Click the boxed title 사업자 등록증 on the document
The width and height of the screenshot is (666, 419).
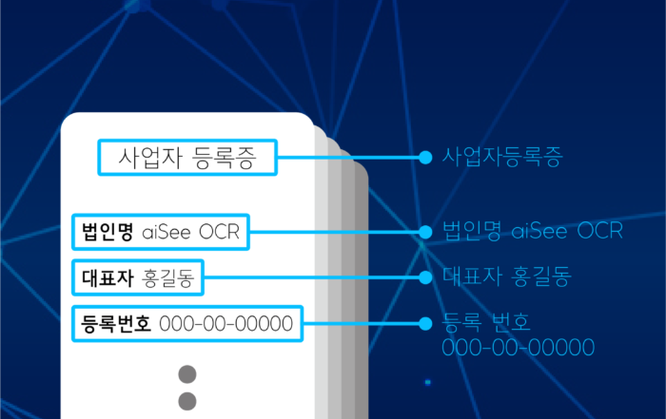tap(187, 158)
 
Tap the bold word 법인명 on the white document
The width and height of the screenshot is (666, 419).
tap(108, 232)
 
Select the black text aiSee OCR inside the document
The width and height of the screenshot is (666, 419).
tap(190, 232)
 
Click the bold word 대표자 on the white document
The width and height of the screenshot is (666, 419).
tap(108, 277)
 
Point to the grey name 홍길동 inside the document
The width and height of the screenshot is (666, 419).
tap(167, 278)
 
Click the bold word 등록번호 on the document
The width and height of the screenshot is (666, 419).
tap(116, 324)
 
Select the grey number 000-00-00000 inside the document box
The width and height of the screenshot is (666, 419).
tap(226, 324)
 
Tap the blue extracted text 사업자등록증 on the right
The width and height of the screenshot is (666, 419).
tap(502, 157)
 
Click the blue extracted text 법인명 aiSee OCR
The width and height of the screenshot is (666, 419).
tap(533, 231)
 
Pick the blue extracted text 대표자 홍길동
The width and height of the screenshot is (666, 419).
tap(507, 276)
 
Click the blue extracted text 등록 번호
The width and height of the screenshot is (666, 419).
tap(486, 322)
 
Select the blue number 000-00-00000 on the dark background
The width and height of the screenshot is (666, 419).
tap(519, 348)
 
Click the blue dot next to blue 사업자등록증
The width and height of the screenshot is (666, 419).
tap(425, 158)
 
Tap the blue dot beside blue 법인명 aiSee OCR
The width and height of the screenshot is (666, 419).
tap(425, 232)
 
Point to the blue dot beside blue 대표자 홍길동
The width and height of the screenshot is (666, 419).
tap(425, 277)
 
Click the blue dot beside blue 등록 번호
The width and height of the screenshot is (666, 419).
tap(425, 324)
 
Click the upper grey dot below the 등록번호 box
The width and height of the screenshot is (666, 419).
tap(187, 374)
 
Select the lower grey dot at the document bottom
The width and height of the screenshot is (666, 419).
tap(187, 401)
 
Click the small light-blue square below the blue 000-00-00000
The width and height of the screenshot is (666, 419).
tap(428, 383)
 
